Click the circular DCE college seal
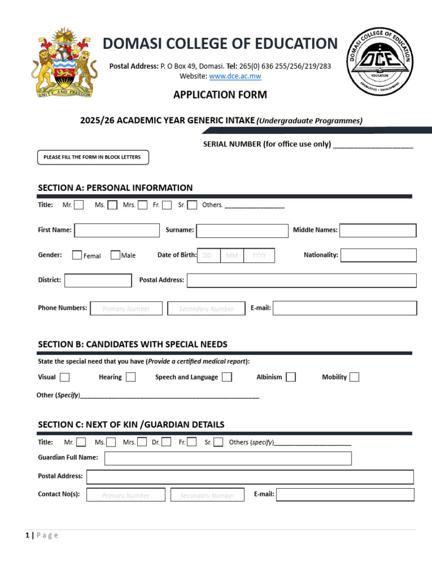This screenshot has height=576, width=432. point(379,61)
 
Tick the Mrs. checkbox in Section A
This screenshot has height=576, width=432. point(143,205)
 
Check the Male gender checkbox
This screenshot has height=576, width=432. point(115,255)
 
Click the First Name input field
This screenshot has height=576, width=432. point(117,230)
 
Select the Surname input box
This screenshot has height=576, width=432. point(242,231)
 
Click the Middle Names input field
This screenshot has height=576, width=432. point(378,230)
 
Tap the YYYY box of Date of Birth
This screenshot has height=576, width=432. point(259,255)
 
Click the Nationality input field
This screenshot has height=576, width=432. point(379,255)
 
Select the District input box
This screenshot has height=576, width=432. point(97,280)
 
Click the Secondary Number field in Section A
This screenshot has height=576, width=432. point(206,308)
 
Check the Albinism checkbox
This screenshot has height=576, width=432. point(290,377)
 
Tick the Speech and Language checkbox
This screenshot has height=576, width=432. point(227,377)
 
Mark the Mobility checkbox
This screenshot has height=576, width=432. point(354,377)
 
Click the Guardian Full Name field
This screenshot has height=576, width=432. point(228,458)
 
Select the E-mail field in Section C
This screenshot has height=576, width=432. point(345,495)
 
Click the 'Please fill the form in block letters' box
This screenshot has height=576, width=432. point(93,157)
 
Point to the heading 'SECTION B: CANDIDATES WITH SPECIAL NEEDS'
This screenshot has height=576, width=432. point(133,344)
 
